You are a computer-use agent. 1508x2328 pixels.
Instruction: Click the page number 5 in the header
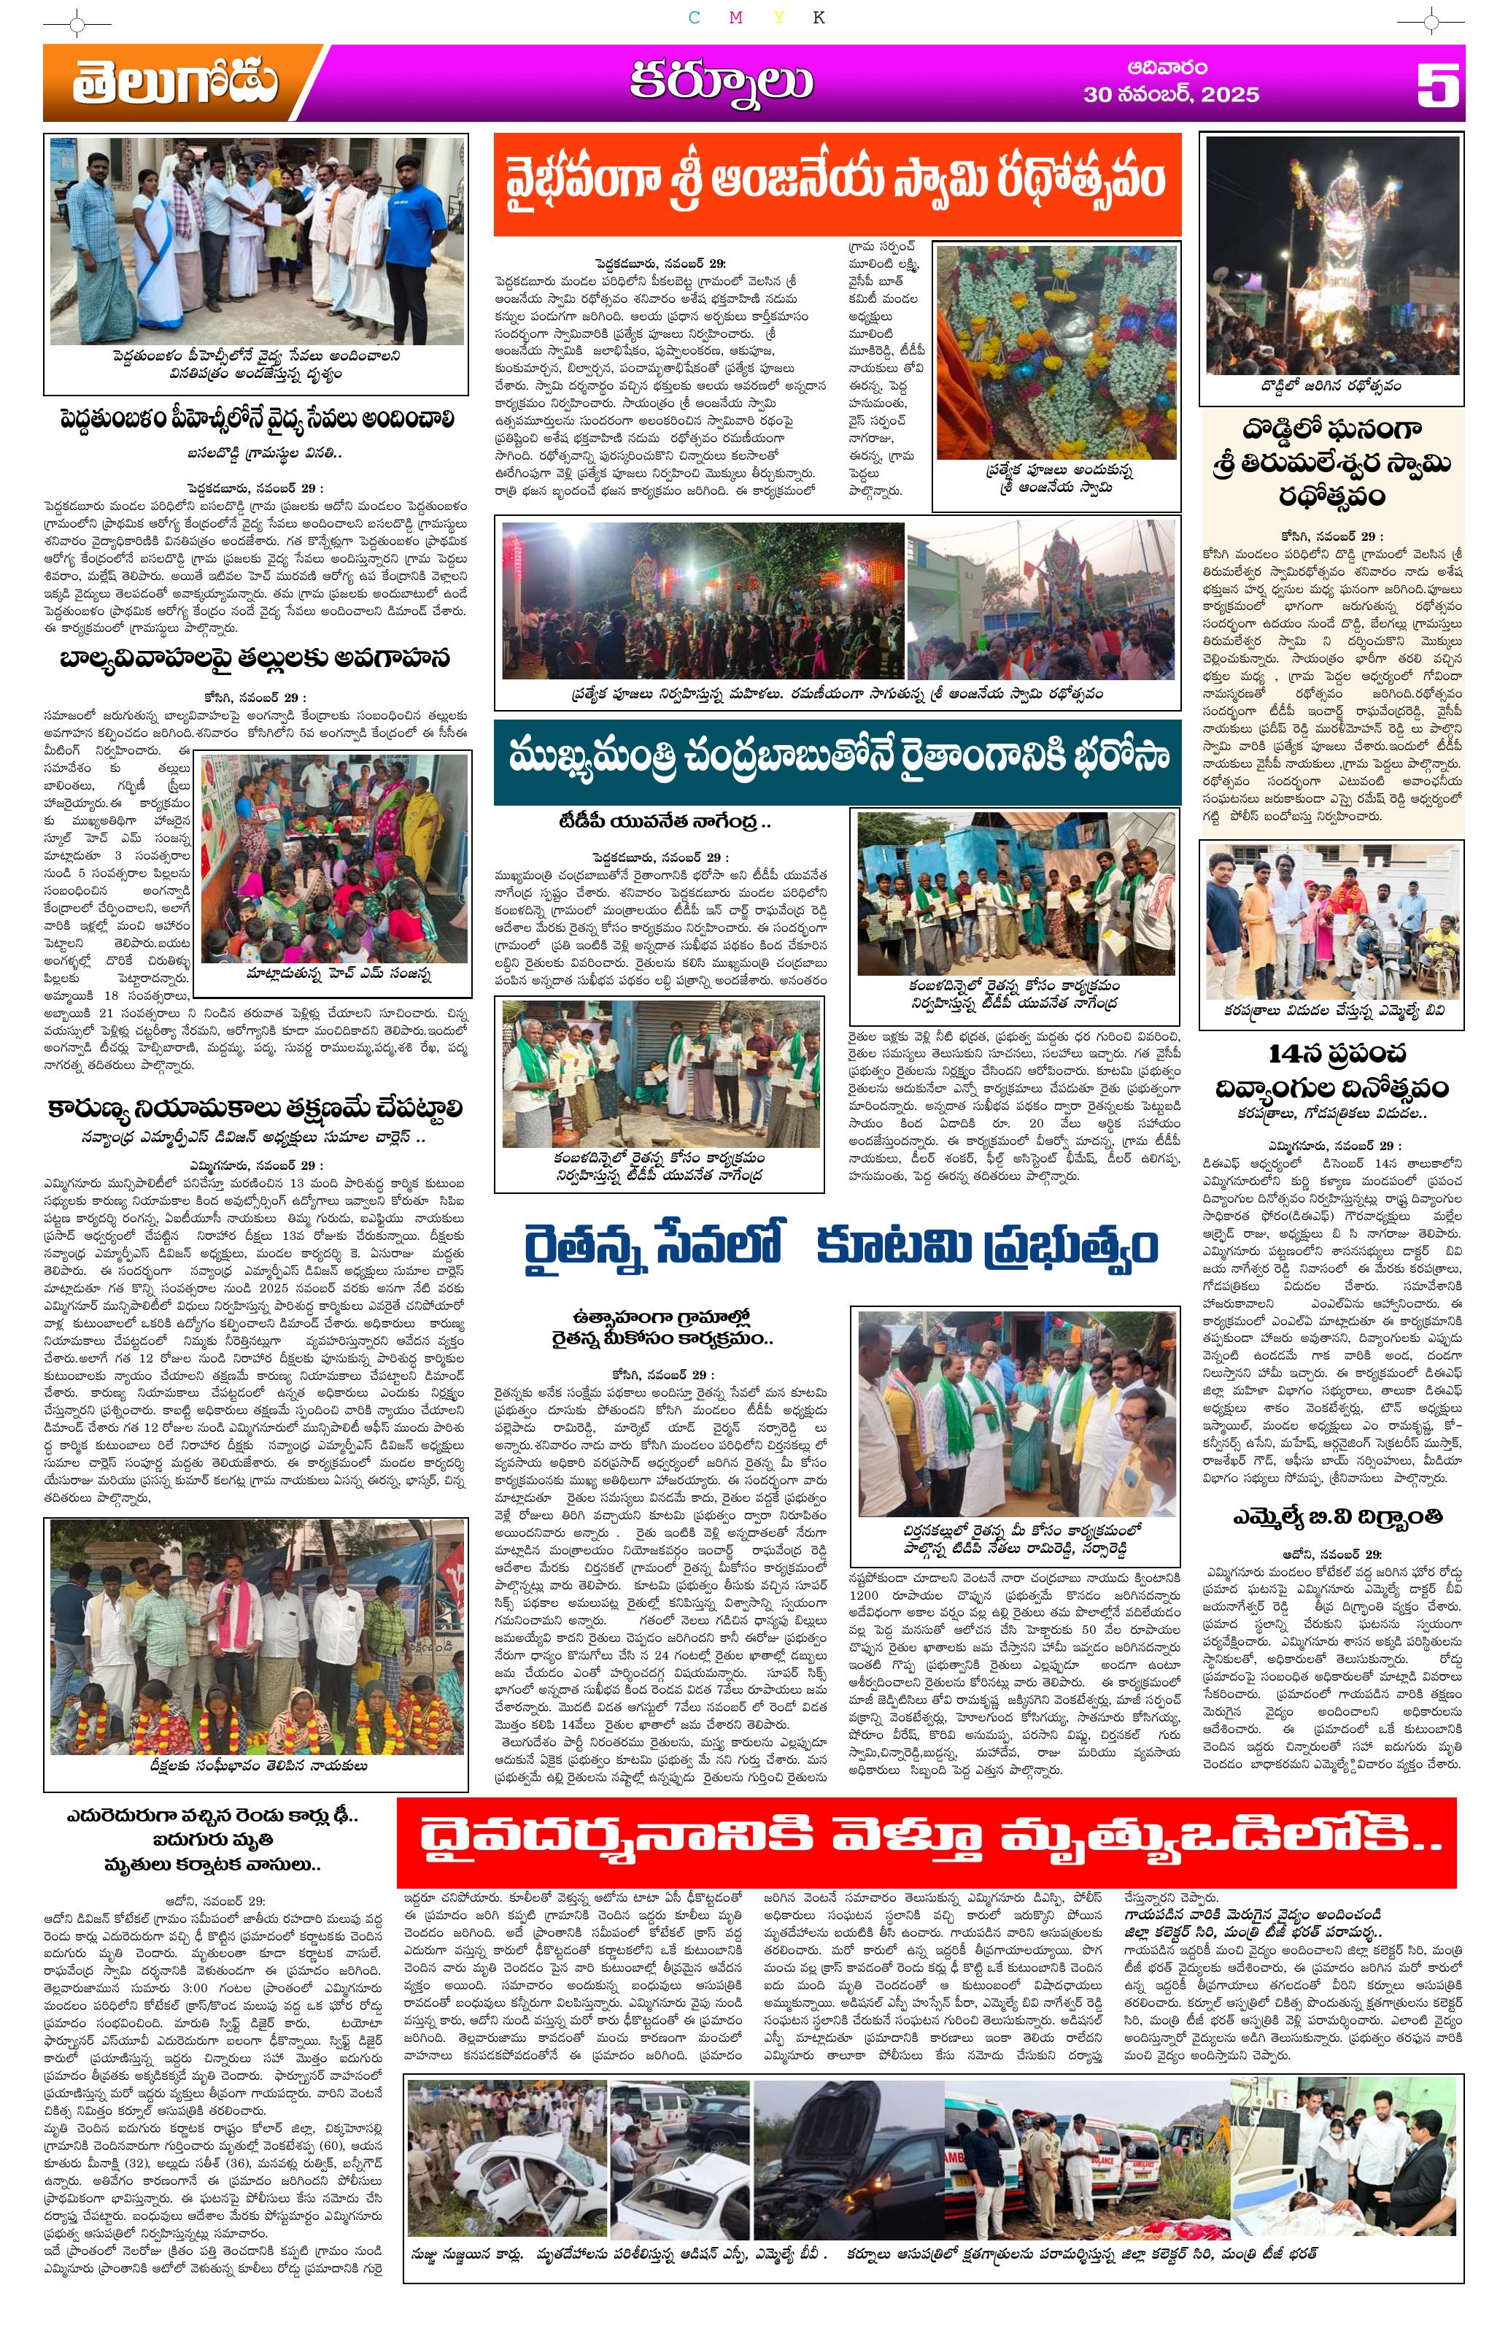pyautogui.click(x=1437, y=85)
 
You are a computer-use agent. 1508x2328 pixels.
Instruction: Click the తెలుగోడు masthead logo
pyautogui.click(x=174, y=86)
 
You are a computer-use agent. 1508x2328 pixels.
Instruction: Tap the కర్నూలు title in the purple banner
pyautogui.click(x=720, y=84)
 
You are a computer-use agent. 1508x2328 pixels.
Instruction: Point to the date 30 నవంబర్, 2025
pyautogui.click(x=1171, y=96)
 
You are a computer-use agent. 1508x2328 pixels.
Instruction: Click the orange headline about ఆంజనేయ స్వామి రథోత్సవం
pyautogui.click(x=836, y=184)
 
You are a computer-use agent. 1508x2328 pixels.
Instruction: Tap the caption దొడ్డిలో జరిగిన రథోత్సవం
pyautogui.click(x=1332, y=386)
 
